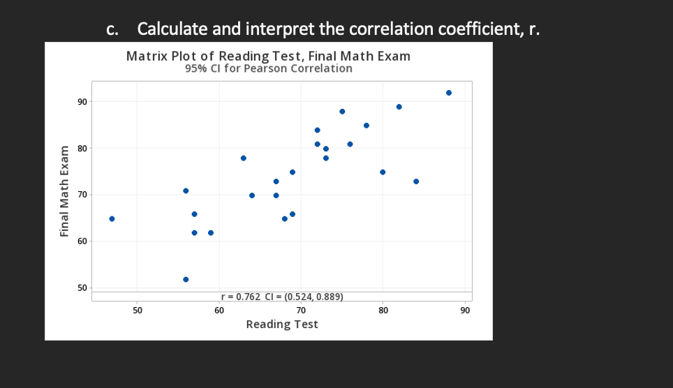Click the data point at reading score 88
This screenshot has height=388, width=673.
[449, 93]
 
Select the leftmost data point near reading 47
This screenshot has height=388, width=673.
[112, 218]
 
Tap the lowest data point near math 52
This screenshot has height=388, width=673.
[186, 279]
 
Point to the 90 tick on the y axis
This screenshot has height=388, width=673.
[82, 102]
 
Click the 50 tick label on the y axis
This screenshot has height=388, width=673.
[82, 288]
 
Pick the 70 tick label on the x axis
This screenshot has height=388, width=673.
[301, 310]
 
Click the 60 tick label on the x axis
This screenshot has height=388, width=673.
[219, 310]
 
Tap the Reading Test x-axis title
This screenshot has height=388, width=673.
[282, 324]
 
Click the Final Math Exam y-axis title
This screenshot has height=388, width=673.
[65, 191]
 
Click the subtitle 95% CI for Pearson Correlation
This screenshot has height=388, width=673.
[269, 68]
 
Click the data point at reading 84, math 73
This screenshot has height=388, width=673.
[416, 181]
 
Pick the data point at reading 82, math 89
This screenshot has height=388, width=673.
[399, 107]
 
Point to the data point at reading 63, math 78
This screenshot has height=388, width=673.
[244, 158]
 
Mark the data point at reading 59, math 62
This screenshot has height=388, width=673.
[211, 232]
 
